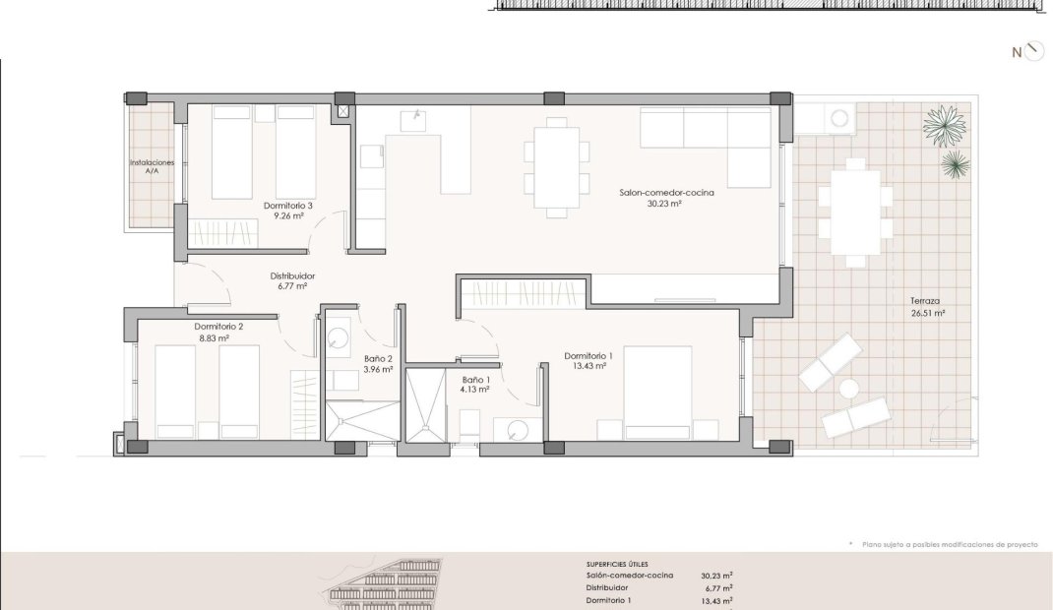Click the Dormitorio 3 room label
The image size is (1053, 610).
[x=288, y=206]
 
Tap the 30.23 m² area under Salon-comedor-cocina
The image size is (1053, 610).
[x=664, y=204]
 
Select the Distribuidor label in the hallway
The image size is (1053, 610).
[x=292, y=275]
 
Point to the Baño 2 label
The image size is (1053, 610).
[x=378, y=359]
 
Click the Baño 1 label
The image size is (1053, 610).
[x=475, y=380]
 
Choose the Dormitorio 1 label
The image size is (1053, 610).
[x=588, y=356]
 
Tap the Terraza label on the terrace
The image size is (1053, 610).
[x=925, y=301]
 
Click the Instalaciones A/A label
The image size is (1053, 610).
[x=152, y=166]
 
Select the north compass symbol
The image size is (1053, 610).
[x=1028, y=52]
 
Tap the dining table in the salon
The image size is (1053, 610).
[x=557, y=167]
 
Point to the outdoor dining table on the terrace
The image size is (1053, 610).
[x=855, y=213]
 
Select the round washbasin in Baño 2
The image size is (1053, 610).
[x=339, y=336]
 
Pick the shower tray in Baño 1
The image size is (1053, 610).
[x=425, y=405]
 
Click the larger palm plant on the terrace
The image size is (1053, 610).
[x=944, y=126]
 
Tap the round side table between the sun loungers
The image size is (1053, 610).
[x=849, y=389]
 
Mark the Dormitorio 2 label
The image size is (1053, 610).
[x=218, y=327]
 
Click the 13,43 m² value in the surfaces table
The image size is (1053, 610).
[x=716, y=601]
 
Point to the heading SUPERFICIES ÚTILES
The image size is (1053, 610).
[x=617, y=565]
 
